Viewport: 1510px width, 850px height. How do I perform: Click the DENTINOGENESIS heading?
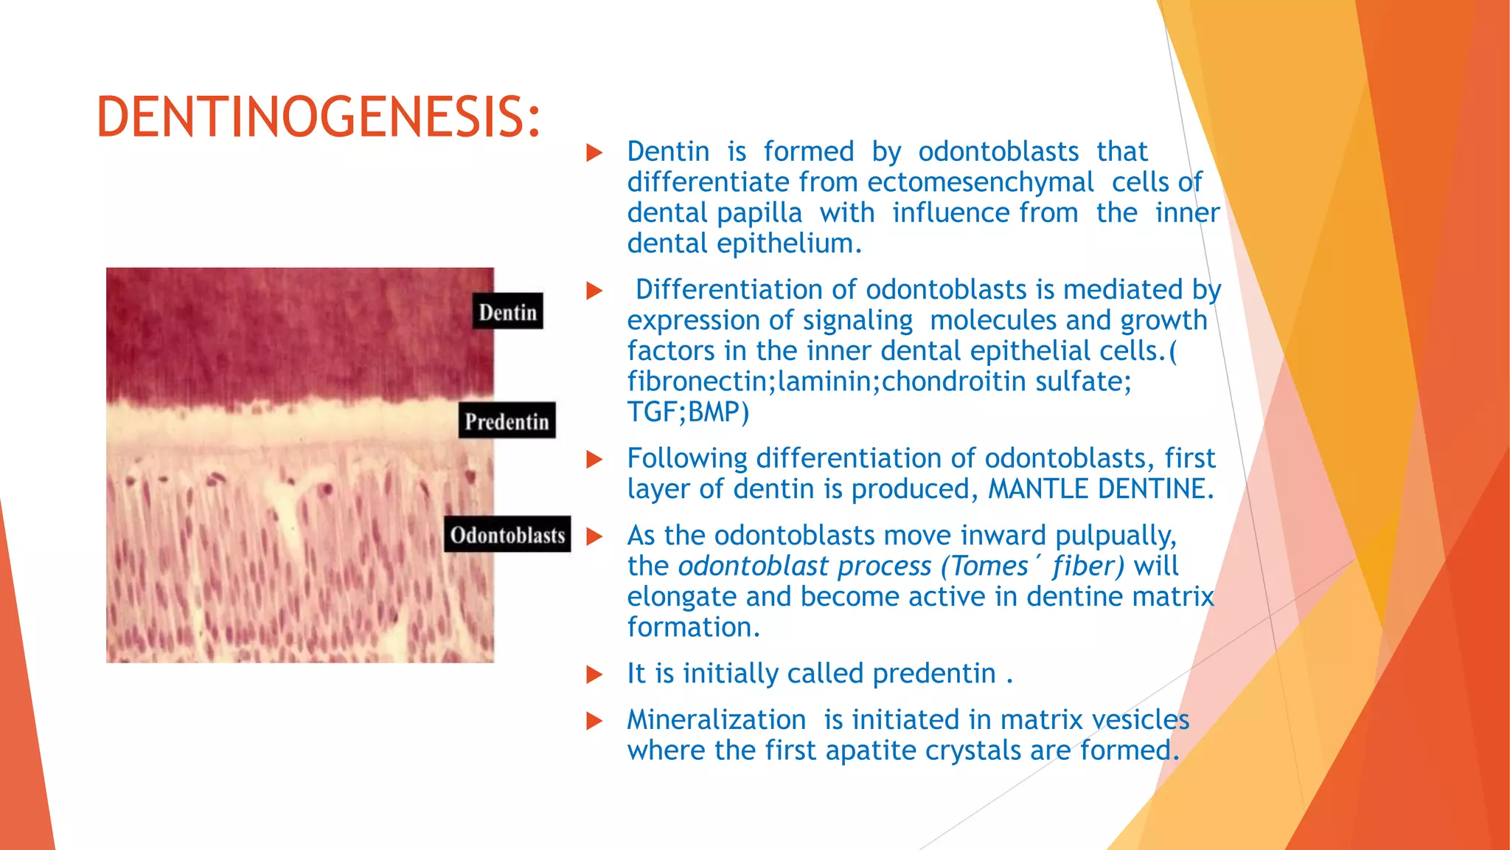(319, 118)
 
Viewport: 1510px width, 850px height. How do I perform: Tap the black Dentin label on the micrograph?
(507, 312)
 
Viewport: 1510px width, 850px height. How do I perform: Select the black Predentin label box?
(507, 421)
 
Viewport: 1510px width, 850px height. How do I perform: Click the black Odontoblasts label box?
(507, 535)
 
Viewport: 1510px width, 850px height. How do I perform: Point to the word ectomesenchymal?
(980, 182)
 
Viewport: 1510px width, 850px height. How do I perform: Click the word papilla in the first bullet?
(759, 213)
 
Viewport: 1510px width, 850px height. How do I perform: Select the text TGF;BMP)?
(688, 412)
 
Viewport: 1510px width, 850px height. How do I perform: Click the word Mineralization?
(716, 719)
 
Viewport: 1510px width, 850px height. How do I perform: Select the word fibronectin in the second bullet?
(698, 381)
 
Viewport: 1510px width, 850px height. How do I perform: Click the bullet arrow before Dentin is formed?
(594, 153)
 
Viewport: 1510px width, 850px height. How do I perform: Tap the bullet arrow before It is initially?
(594, 674)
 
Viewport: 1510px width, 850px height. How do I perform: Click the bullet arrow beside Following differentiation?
(594, 460)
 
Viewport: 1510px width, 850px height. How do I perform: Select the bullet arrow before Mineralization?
(594, 721)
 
